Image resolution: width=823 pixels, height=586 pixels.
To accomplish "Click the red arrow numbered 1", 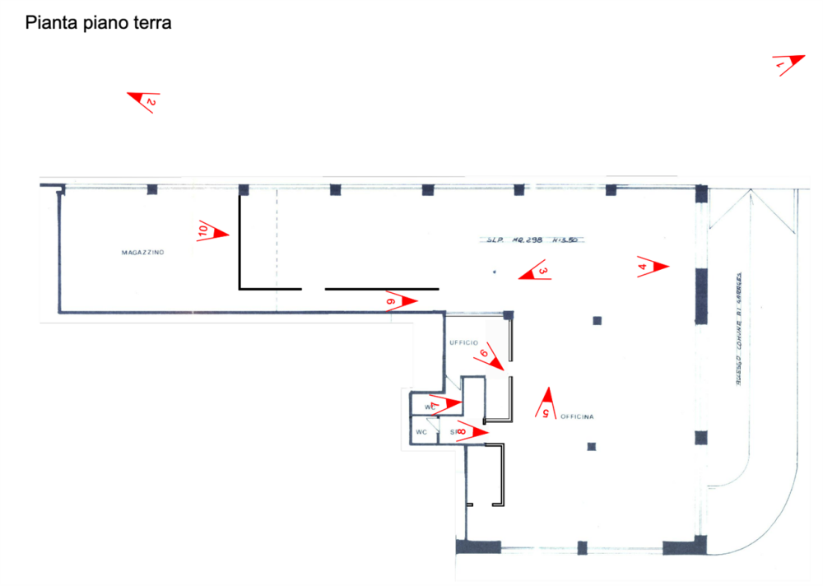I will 788,64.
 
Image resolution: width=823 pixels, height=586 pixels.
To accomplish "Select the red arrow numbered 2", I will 143,100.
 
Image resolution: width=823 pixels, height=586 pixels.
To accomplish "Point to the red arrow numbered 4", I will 653,266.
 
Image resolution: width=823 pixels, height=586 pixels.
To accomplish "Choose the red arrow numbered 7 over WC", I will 445,403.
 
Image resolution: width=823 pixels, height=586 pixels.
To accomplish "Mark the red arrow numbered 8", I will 472,433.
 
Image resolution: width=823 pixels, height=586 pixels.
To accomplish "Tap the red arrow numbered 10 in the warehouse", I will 212,232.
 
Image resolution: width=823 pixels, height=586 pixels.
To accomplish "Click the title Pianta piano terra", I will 98,23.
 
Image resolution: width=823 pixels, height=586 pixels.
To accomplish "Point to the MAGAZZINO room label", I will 143,253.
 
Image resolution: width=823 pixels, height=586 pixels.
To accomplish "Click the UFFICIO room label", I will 463,342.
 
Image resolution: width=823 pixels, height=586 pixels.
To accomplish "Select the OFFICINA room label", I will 578,416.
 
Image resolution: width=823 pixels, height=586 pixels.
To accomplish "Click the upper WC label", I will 429,407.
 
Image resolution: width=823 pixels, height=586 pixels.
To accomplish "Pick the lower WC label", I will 421,432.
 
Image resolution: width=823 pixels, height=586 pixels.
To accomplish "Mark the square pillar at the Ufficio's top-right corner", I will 509,314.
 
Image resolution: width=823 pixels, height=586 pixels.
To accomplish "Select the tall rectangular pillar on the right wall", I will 701,295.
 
